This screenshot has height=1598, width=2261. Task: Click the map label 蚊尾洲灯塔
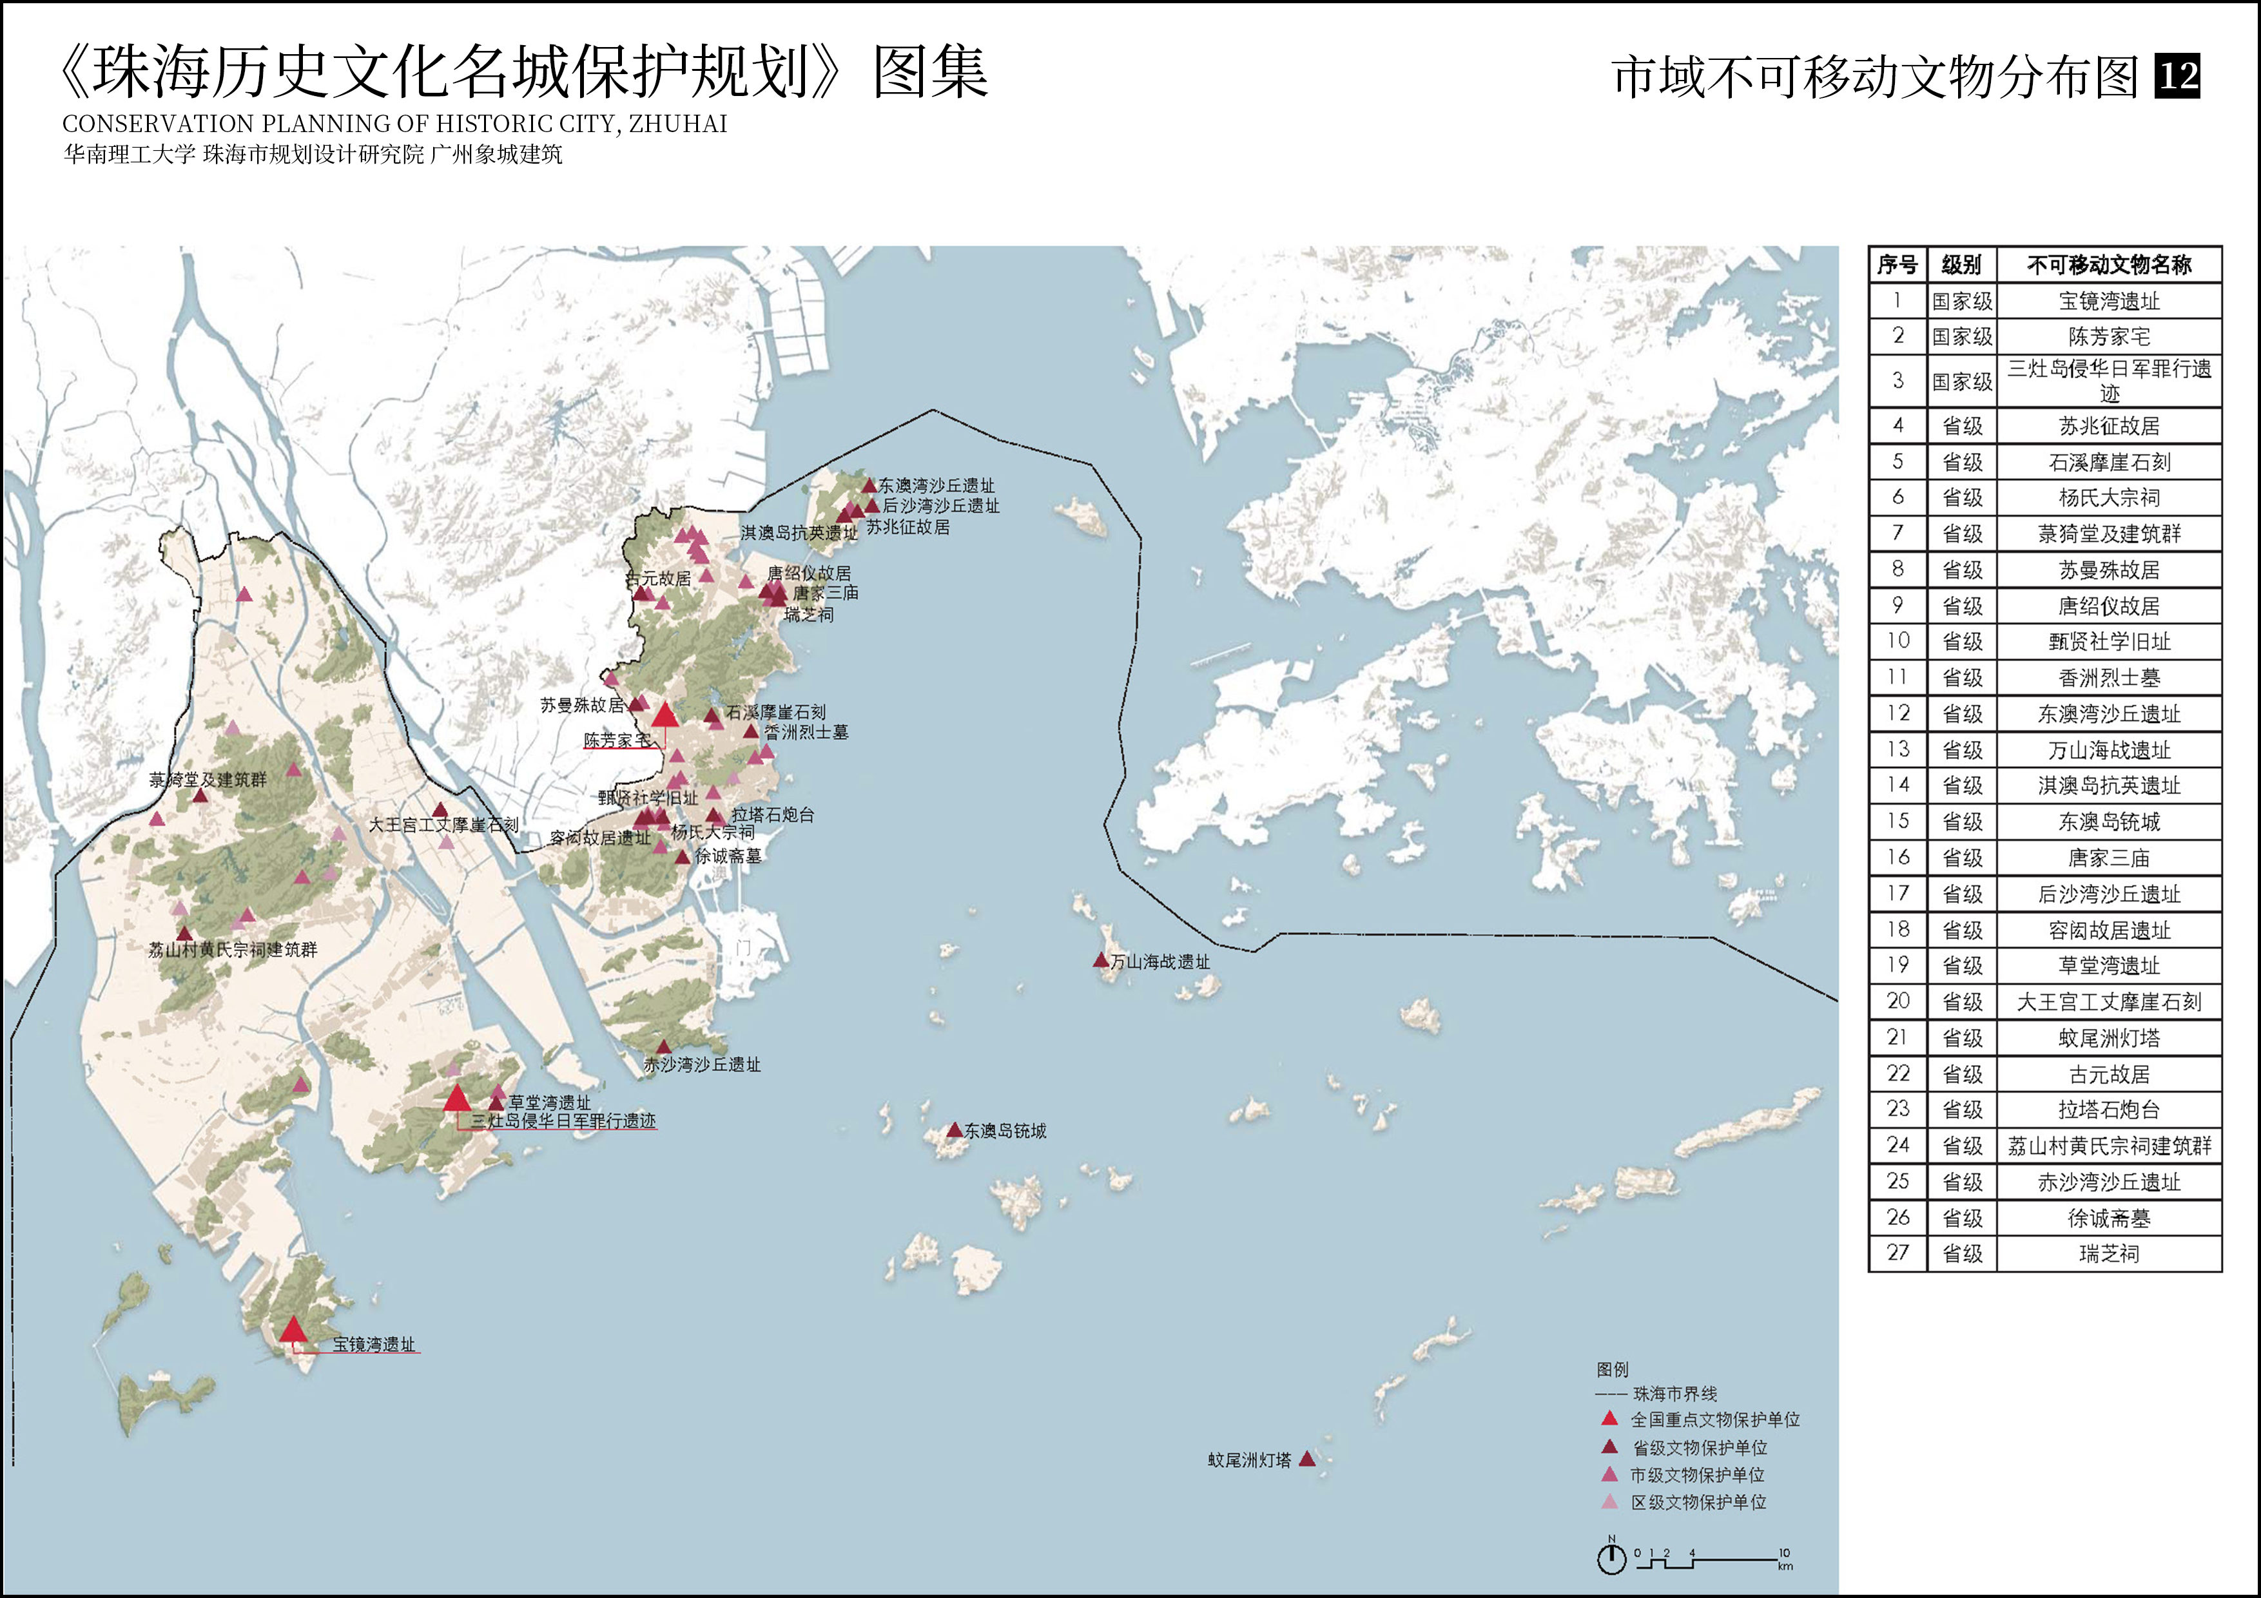[1248, 1460]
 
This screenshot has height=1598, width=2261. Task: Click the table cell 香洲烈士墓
[2108, 677]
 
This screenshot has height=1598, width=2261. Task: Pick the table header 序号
[1897, 265]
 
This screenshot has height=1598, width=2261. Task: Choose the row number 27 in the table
[1897, 1253]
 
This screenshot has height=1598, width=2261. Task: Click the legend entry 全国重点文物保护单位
[1714, 1419]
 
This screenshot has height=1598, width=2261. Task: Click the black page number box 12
[2177, 76]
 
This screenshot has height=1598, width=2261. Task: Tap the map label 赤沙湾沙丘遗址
[701, 1064]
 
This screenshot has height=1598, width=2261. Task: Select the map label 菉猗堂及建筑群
[208, 780]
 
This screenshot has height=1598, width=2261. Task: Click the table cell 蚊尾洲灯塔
[2108, 1038]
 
